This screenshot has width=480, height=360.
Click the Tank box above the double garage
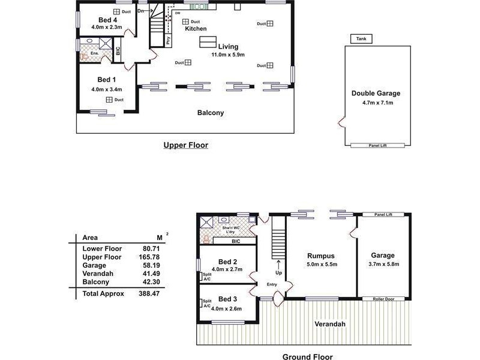click(361, 39)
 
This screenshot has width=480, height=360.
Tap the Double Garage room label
click(376, 94)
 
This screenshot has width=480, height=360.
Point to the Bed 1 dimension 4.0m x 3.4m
click(107, 89)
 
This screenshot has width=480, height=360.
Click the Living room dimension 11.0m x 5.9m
click(228, 55)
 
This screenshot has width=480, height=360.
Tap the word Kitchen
click(196, 29)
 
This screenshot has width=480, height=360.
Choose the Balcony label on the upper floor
click(211, 113)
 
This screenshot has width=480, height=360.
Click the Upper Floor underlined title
click(185, 145)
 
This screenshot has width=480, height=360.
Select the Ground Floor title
click(307, 357)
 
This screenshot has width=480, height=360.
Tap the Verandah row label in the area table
click(96, 274)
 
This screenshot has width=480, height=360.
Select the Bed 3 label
click(228, 299)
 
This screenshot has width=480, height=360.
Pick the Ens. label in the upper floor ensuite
click(94, 53)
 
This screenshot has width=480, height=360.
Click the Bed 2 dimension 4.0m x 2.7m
click(227, 270)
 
